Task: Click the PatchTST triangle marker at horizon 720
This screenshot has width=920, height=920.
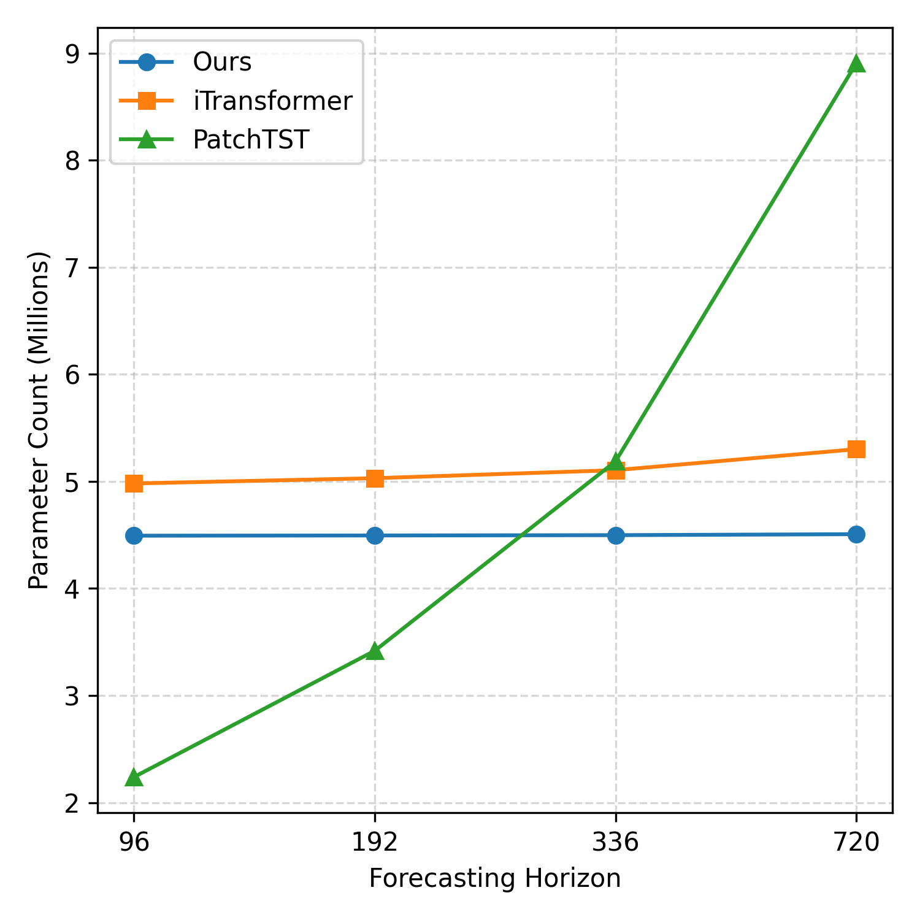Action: [x=856, y=64]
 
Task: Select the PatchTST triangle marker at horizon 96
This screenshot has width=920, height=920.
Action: [x=134, y=778]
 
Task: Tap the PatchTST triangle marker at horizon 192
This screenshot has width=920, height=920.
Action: [x=375, y=651]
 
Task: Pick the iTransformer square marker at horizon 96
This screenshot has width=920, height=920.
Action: [x=134, y=483]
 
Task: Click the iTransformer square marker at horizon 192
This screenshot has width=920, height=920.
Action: [x=375, y=478]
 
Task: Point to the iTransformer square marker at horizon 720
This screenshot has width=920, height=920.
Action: [x=856, y=449]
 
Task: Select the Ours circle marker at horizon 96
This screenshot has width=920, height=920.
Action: [x=134, y=535]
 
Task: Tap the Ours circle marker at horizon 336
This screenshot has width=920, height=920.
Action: [x=616, y=535]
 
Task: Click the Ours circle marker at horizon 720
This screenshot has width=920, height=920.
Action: [x=856, y=534]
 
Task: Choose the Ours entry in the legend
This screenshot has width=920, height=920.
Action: [x=222, y=62]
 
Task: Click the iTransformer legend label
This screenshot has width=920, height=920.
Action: [x=272, y=101]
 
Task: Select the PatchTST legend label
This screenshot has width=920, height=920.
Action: [x=250, y=140]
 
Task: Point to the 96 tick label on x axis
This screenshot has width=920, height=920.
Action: [x=134, y=843]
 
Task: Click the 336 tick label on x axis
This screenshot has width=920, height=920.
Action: [x=616, y=843]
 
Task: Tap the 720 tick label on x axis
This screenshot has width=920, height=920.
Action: [x=856, y=843]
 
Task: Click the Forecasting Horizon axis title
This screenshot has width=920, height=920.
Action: [x=494, y=879]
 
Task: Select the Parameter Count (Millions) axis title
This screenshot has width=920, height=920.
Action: [x=39, y=420]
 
